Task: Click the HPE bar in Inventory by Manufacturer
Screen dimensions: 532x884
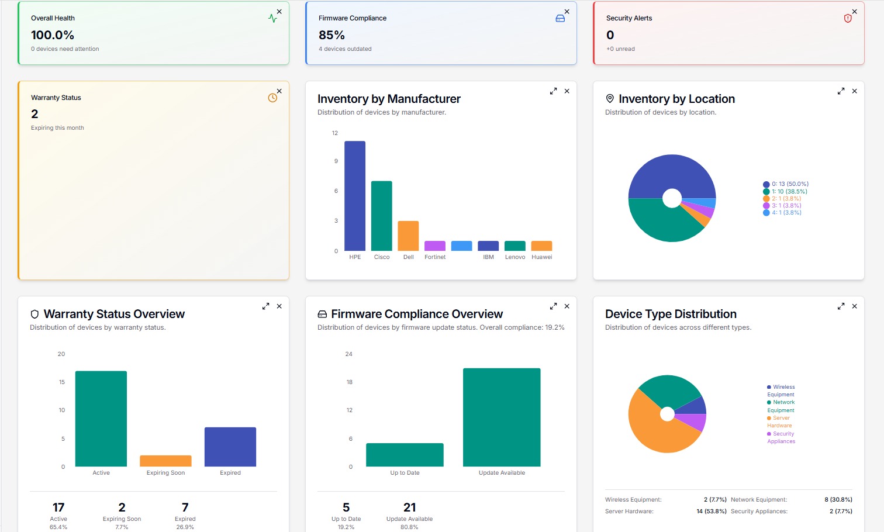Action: (355, 196)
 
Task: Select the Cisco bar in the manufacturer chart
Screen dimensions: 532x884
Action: (381, 216)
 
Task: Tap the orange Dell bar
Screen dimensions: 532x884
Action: (408, 236)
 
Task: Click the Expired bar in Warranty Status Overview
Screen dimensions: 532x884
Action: (230, 447)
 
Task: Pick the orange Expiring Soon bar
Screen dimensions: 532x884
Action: (165, 461)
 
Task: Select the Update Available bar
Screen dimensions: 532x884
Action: (502, 417)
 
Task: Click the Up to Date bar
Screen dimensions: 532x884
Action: (405, 454)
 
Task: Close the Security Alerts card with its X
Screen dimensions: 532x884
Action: (854, 12)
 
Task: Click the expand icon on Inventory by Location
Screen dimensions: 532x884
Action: (841, 91)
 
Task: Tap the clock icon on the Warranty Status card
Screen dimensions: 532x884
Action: (272, 98)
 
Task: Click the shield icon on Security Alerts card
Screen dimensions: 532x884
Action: (848, 19)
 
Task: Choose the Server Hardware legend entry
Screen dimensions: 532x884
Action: (780, 422)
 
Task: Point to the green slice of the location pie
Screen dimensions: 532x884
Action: (661, 222)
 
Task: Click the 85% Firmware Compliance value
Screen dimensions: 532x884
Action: (331, 35)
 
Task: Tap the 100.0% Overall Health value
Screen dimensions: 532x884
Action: (53, 35)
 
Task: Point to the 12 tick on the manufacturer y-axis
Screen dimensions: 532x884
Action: (335, 133)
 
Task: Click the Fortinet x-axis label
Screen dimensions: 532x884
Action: (435, 257)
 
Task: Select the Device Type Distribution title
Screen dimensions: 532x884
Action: (671, 314)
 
